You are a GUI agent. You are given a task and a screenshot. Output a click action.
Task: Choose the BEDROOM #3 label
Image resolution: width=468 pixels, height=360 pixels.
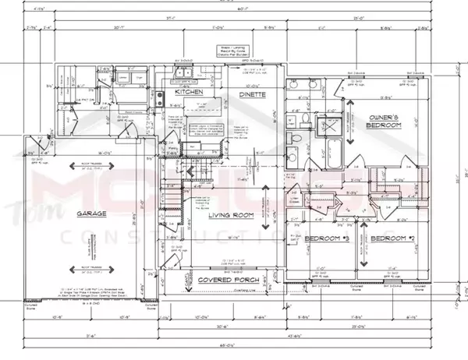[327, 237]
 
